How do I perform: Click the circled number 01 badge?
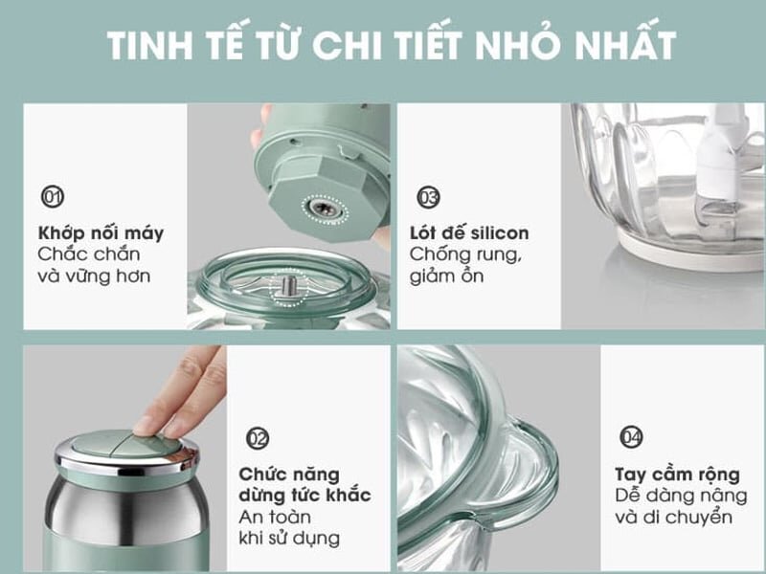coord(52,197)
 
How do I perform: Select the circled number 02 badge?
coord(258,438)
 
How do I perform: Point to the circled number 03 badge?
coord(428,197)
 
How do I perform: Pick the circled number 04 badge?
coord(631,438)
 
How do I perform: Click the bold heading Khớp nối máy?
coord(101,232)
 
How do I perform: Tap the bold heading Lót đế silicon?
coord(469,232)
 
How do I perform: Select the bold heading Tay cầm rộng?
coord(676,474)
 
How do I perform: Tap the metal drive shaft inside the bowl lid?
coord(287,284)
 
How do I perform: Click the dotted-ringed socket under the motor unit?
coord(311,204)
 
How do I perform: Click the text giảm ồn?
coord(446,276)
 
